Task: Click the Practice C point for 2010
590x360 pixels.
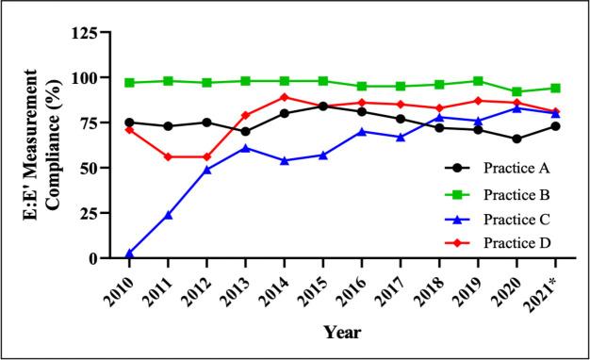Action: (x=129, y=254)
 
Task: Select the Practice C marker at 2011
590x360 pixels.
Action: (x=168, y=215)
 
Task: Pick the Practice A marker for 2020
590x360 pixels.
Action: (x=516, y=139)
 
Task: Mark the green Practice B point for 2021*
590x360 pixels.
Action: (x=555, y=89)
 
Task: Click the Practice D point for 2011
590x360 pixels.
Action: (x=168, y=156)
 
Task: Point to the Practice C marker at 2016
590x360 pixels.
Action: (x=362, y=132)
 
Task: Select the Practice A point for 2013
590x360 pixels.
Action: (x=246, y=132)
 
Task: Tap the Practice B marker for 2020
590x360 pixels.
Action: (x=516, y=91)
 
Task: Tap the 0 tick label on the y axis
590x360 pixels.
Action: (x=105, y=258)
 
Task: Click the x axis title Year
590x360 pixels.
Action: (x=341, y=333)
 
